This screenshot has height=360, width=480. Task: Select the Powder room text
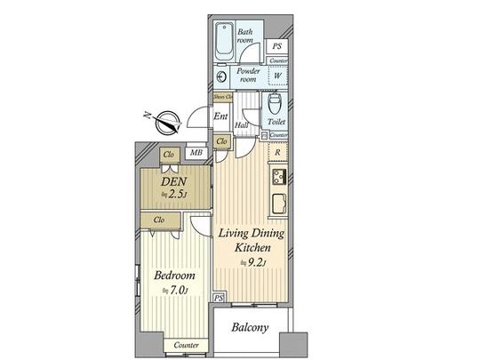(247, 74)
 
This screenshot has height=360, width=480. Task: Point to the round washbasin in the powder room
(222, 76)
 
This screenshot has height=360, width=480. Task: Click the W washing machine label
(277, 76)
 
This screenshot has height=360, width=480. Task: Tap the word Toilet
(276, 119)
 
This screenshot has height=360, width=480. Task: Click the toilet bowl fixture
(275, 102)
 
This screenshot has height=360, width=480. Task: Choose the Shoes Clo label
(222, 96)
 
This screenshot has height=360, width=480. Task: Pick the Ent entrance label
(221, 116)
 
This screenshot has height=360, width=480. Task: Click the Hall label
(241, 125)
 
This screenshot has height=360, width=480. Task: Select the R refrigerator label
(278, 152)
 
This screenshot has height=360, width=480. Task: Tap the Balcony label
(250, 328)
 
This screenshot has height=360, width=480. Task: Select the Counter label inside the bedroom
(185, 345)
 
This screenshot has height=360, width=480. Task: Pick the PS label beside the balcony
(219, 298)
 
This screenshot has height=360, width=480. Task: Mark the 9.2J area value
(257, 262)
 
